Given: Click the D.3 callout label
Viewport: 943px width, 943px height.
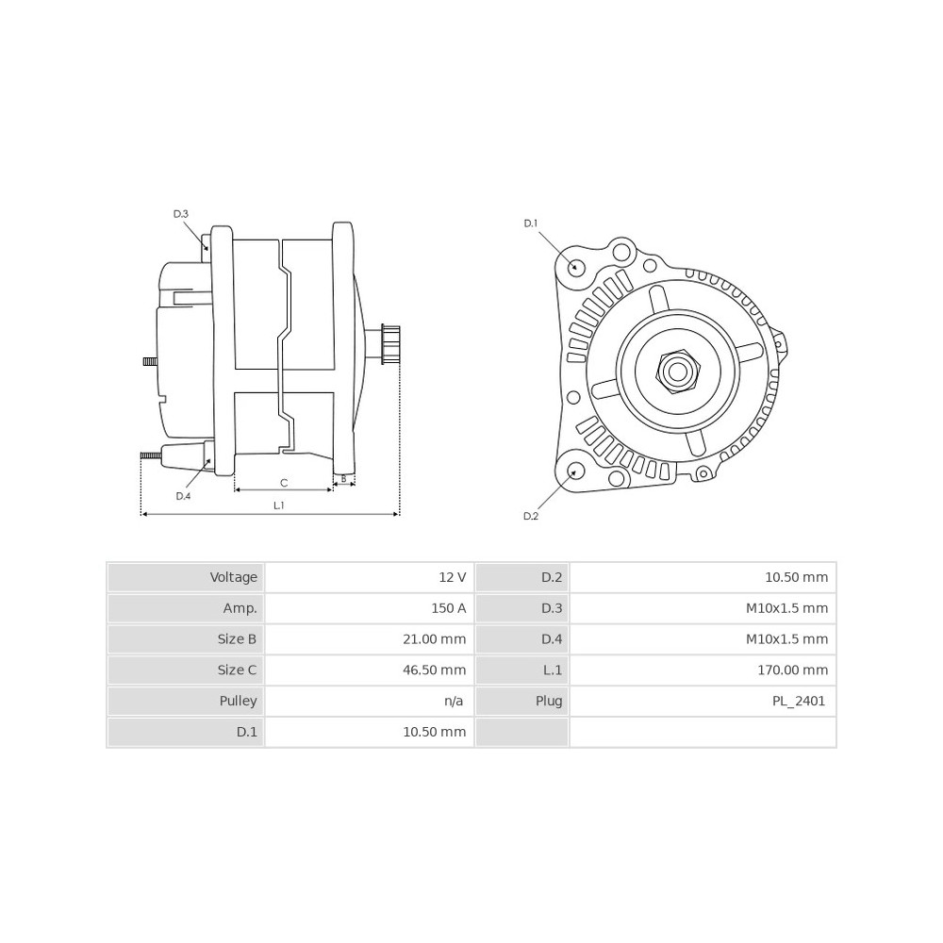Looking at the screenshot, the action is pyautogui.click(x=181, y=214).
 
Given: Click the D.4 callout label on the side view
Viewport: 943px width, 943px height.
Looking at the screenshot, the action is pyautogui.click(x=184, y=496).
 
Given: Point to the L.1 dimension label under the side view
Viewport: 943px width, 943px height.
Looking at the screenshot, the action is pyautogui.click(x=278, y=505).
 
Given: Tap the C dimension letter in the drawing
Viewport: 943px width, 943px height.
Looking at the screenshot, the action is pyautogui.click(x=284, y=482).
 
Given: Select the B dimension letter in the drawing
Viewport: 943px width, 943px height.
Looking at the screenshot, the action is pyautogui.click(x=343, y=479).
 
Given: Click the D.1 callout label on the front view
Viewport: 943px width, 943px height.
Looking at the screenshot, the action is pyautogui.click(x=530, y=223).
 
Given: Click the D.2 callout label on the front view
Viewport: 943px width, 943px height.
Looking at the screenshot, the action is pyautogui.click(x=531, y=516).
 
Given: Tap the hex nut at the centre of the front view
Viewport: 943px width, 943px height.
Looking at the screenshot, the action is pyautogui.click(x=677, y=372).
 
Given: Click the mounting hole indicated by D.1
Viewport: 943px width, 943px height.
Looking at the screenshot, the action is pyautogui.click(x=576, y=267).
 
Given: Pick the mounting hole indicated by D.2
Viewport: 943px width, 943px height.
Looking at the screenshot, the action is pyautogui.click(x=576, y=472).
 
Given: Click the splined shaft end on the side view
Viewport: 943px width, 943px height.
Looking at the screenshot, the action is pyautogui.click(x=389, y=344).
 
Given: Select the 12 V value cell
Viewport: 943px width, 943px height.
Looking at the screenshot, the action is pyautogui.click(x=453, y=577).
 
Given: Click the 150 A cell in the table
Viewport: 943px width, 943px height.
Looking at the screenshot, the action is pyautogui.click(x=449, y=608).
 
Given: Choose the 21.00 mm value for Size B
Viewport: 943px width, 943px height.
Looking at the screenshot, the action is pyautogui.click(x=434, y=639).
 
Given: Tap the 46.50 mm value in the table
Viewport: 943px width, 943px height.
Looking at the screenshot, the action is pyautogui.click(x=434, y=670).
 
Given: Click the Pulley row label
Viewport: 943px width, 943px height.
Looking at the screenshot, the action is pyautogui.click(x=239, y=702).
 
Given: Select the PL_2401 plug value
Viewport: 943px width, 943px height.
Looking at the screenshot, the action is pyautogui.click(x=799, y=702).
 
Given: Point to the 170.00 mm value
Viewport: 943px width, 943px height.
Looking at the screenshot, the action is pyautogui.click(x=793, y=670).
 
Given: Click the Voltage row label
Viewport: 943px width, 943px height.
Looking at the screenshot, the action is pyautogui.click(x=233, y=577).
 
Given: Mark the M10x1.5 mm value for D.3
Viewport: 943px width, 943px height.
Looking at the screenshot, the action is pyautogui.click(x=786, y=608).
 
